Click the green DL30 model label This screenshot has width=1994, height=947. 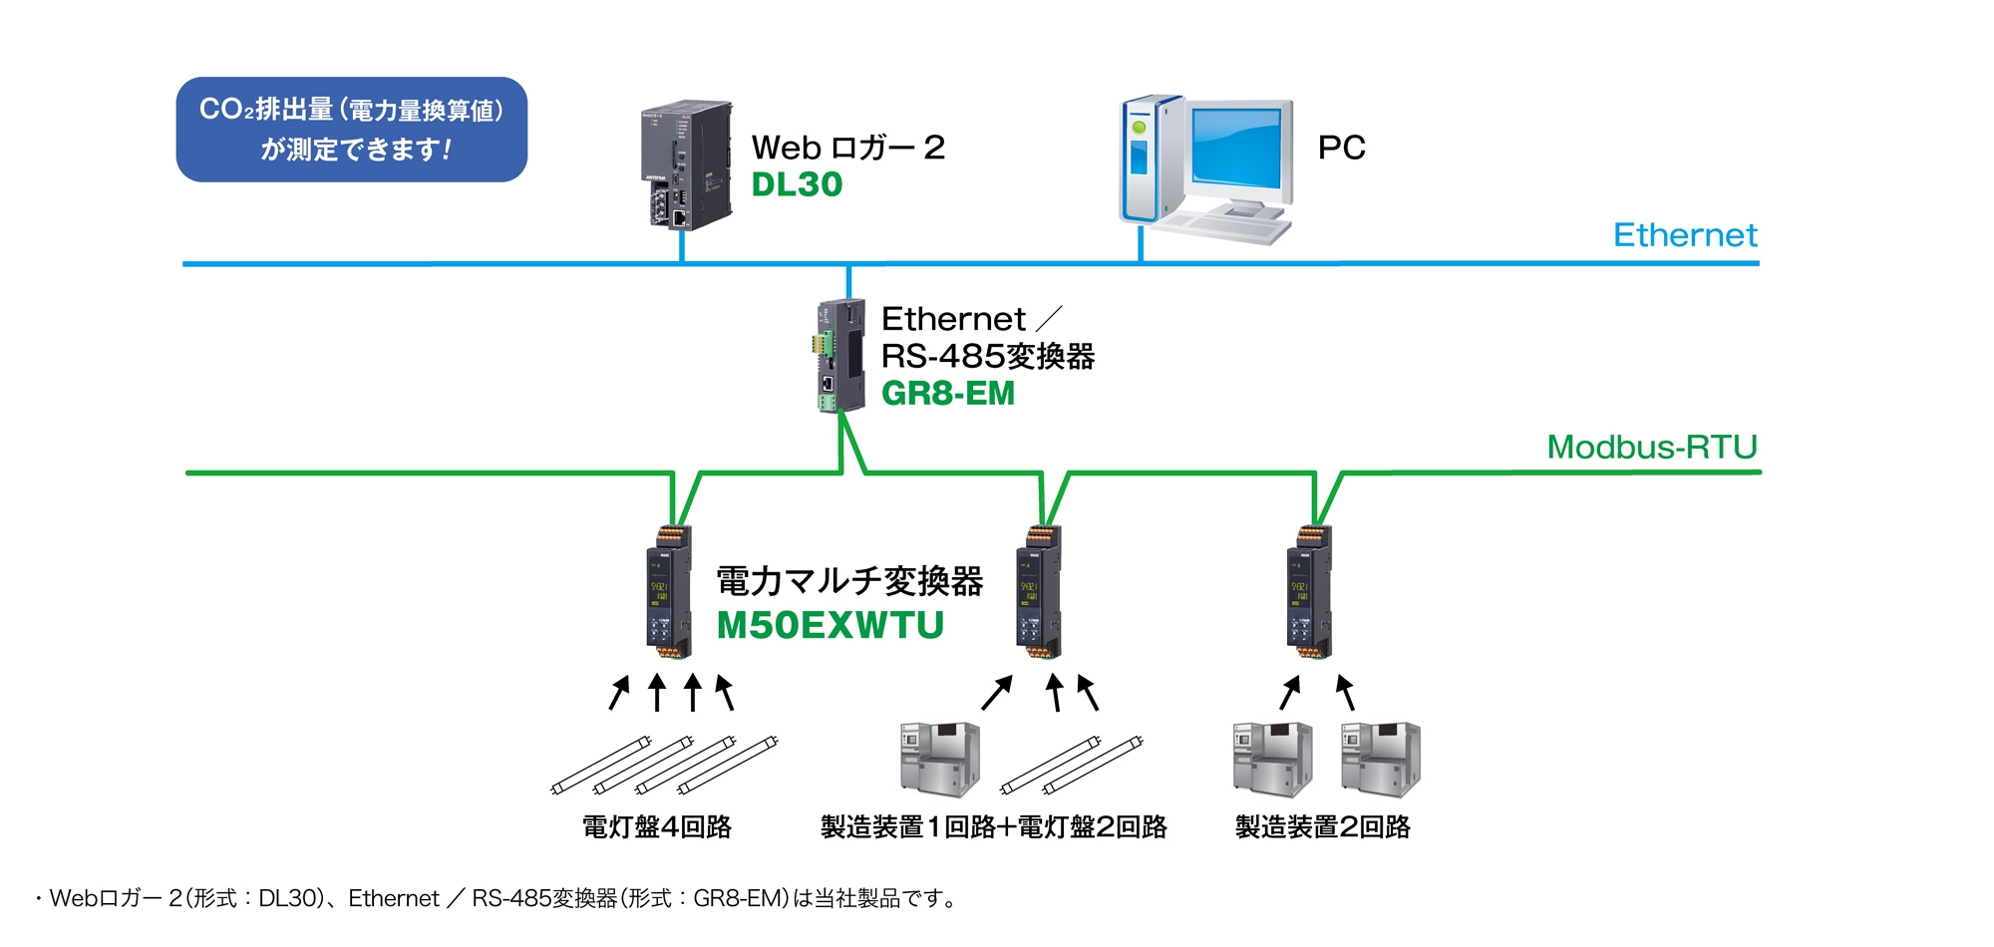797,184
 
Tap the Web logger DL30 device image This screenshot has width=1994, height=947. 685,163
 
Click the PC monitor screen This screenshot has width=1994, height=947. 1236,149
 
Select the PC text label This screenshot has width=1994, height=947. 1341,148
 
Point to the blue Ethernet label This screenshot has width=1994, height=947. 1684,235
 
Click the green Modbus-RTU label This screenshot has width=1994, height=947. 1651,447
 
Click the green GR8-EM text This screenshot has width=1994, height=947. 947,394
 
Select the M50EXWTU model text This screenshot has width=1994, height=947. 830,625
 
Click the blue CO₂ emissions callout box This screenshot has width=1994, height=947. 351,130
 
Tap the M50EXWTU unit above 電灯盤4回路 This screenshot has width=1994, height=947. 669,592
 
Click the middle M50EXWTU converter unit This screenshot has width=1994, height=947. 1039,592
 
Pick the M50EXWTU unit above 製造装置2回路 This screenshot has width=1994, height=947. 1309,592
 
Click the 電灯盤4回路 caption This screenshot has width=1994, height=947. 657,826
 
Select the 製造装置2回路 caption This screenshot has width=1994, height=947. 1322,826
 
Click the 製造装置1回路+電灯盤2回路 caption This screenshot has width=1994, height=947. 993,826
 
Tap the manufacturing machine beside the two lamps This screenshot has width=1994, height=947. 939,760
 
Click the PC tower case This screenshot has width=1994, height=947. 1149,159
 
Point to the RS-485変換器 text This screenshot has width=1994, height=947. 987,356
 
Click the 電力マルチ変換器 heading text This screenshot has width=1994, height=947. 849,581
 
